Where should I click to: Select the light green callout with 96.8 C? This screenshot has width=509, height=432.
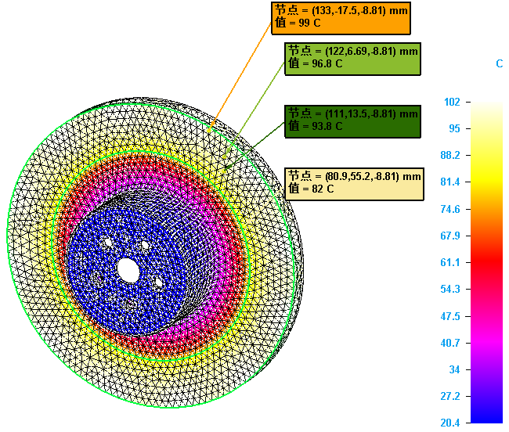click(x=353, y=58)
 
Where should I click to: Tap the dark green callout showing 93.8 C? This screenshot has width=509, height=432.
click(x=352, y=120)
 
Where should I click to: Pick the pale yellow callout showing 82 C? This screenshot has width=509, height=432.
click(x=354, y=182)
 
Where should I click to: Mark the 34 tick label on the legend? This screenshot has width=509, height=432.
click(x=453, y=369)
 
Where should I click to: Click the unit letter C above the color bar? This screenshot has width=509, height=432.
click(x=499, y=63)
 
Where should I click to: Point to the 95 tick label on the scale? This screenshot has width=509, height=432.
click(x=454, y=128)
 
